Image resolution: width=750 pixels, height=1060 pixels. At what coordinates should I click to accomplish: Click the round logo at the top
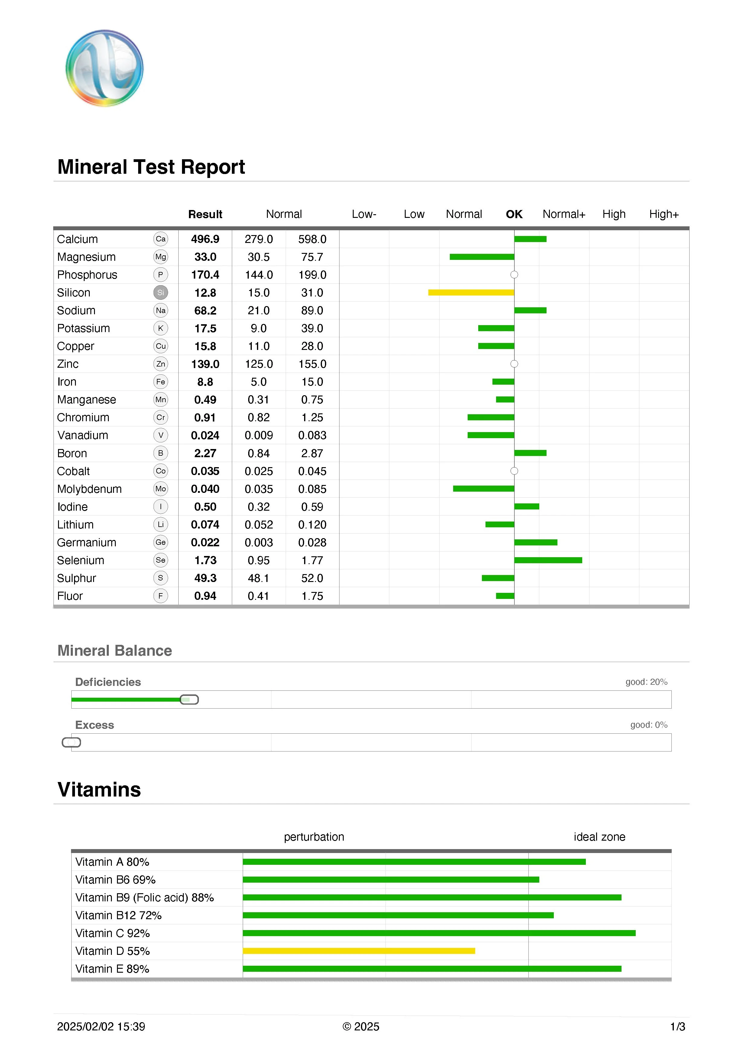[104, 68]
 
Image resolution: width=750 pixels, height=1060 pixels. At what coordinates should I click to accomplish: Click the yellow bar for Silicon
[471, 292]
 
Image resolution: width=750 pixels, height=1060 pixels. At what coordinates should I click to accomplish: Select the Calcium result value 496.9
[205, 239]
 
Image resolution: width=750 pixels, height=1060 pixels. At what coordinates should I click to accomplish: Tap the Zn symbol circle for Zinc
[160, 364]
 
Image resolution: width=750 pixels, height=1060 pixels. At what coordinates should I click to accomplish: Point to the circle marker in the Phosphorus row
[514, 275]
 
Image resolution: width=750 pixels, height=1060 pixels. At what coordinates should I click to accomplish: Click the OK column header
[514, 214]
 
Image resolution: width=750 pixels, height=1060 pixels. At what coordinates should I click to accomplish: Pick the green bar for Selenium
[548, 560]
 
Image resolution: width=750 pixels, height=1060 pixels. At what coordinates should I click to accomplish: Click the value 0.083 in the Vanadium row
[312, 435]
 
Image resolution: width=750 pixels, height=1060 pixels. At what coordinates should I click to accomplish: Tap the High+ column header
[664, 214]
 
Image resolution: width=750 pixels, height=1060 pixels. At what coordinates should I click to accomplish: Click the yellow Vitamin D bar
[359, 951]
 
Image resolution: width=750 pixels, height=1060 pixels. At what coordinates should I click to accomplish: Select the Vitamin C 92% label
[113, 933]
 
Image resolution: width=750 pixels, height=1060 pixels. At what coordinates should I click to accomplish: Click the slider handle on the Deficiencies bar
[189, 700]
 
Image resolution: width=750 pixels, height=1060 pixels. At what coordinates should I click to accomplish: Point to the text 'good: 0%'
[648, 725]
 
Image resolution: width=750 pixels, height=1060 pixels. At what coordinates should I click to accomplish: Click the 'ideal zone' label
[599, 837]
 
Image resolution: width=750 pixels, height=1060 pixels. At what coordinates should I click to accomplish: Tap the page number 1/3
[677, 1027]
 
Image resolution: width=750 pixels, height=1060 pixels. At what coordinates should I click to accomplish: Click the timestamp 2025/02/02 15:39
[101, 1027]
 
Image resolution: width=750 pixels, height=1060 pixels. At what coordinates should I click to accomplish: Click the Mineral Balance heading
[115, 651]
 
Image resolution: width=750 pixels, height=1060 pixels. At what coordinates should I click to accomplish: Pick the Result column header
[205, 214]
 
